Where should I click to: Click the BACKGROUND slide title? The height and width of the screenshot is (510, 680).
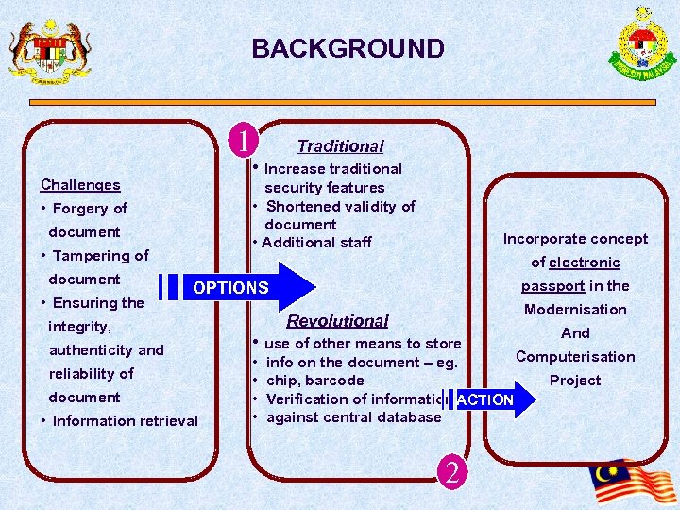coord(348,49)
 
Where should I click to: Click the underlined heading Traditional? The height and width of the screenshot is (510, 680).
coord(340,146)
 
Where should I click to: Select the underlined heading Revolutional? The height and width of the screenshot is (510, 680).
coord(337,321)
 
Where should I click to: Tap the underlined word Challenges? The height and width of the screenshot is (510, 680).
coord(80,185)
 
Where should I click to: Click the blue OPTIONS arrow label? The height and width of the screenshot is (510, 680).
coord(231,287)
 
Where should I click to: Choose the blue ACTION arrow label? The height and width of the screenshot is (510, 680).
coord(484,399)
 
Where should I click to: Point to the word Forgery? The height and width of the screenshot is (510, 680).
coord(82,209)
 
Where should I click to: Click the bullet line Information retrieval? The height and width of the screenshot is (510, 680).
coord(125,421)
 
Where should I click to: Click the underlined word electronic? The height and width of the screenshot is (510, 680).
coord(585,263)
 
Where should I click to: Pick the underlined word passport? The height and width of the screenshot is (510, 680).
coord(553,286)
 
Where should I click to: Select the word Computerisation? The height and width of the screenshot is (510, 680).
coord(575,357)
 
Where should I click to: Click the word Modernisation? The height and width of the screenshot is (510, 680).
coord(575,310)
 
